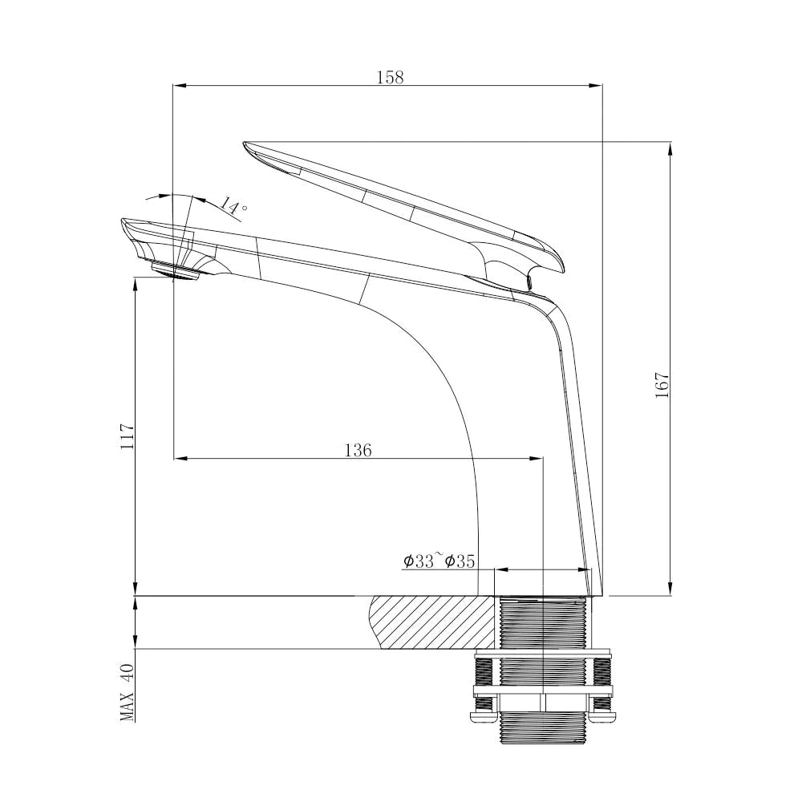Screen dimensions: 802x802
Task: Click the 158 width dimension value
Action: pos(390,77)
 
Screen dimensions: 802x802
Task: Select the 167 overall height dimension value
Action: pos(662,387)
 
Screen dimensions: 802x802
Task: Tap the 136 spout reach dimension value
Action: pos(358,451)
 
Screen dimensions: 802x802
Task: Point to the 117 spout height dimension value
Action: pos(128,436)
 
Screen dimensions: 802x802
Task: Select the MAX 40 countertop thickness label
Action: pos(128,692)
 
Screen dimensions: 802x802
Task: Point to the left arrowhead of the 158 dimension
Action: pos(179,85)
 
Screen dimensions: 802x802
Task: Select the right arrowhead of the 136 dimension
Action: pos(537,459)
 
